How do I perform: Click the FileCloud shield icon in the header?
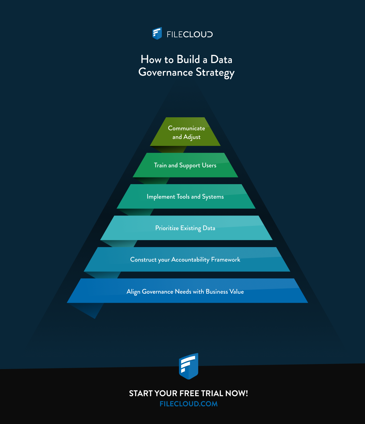pyautogui.click(x=157, y=33)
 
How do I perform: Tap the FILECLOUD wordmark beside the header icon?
pyautogui.click(x=190, y=34)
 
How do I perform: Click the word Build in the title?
pyautogui.click(x=188, y=59)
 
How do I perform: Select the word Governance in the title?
pyautogui.click(x=166, y=72)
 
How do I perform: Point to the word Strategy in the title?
pyautogui.click(x=215, y=73)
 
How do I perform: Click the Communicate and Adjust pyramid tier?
pyautogui.click(x=185, y=132)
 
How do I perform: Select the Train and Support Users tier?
pyautogui.click(x=185, y=165)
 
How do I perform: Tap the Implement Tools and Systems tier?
pyautogui.click(x=186, y=196)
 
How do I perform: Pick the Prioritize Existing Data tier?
pyautogui.click(x=186, y=228)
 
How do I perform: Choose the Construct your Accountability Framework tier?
pyautogui.click(x=187, y=259)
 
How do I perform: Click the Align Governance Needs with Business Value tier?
pyautogui.click(x=187, y=290)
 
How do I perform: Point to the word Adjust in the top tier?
pyautogui.click(x=192, y=137)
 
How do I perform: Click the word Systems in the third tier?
pyautogui.click(x=213, y=197)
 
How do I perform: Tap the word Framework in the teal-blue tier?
pyautogui.click(x=225, y=259)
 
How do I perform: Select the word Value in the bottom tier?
pyautogui.click(x=237, y=291)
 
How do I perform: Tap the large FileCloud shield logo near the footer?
pyautogui.click(x=188, y=366)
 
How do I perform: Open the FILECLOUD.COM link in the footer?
pyautogui.click(x=188, y=404)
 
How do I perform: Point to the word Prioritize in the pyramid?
pyautogui.click(x=167, y=228)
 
